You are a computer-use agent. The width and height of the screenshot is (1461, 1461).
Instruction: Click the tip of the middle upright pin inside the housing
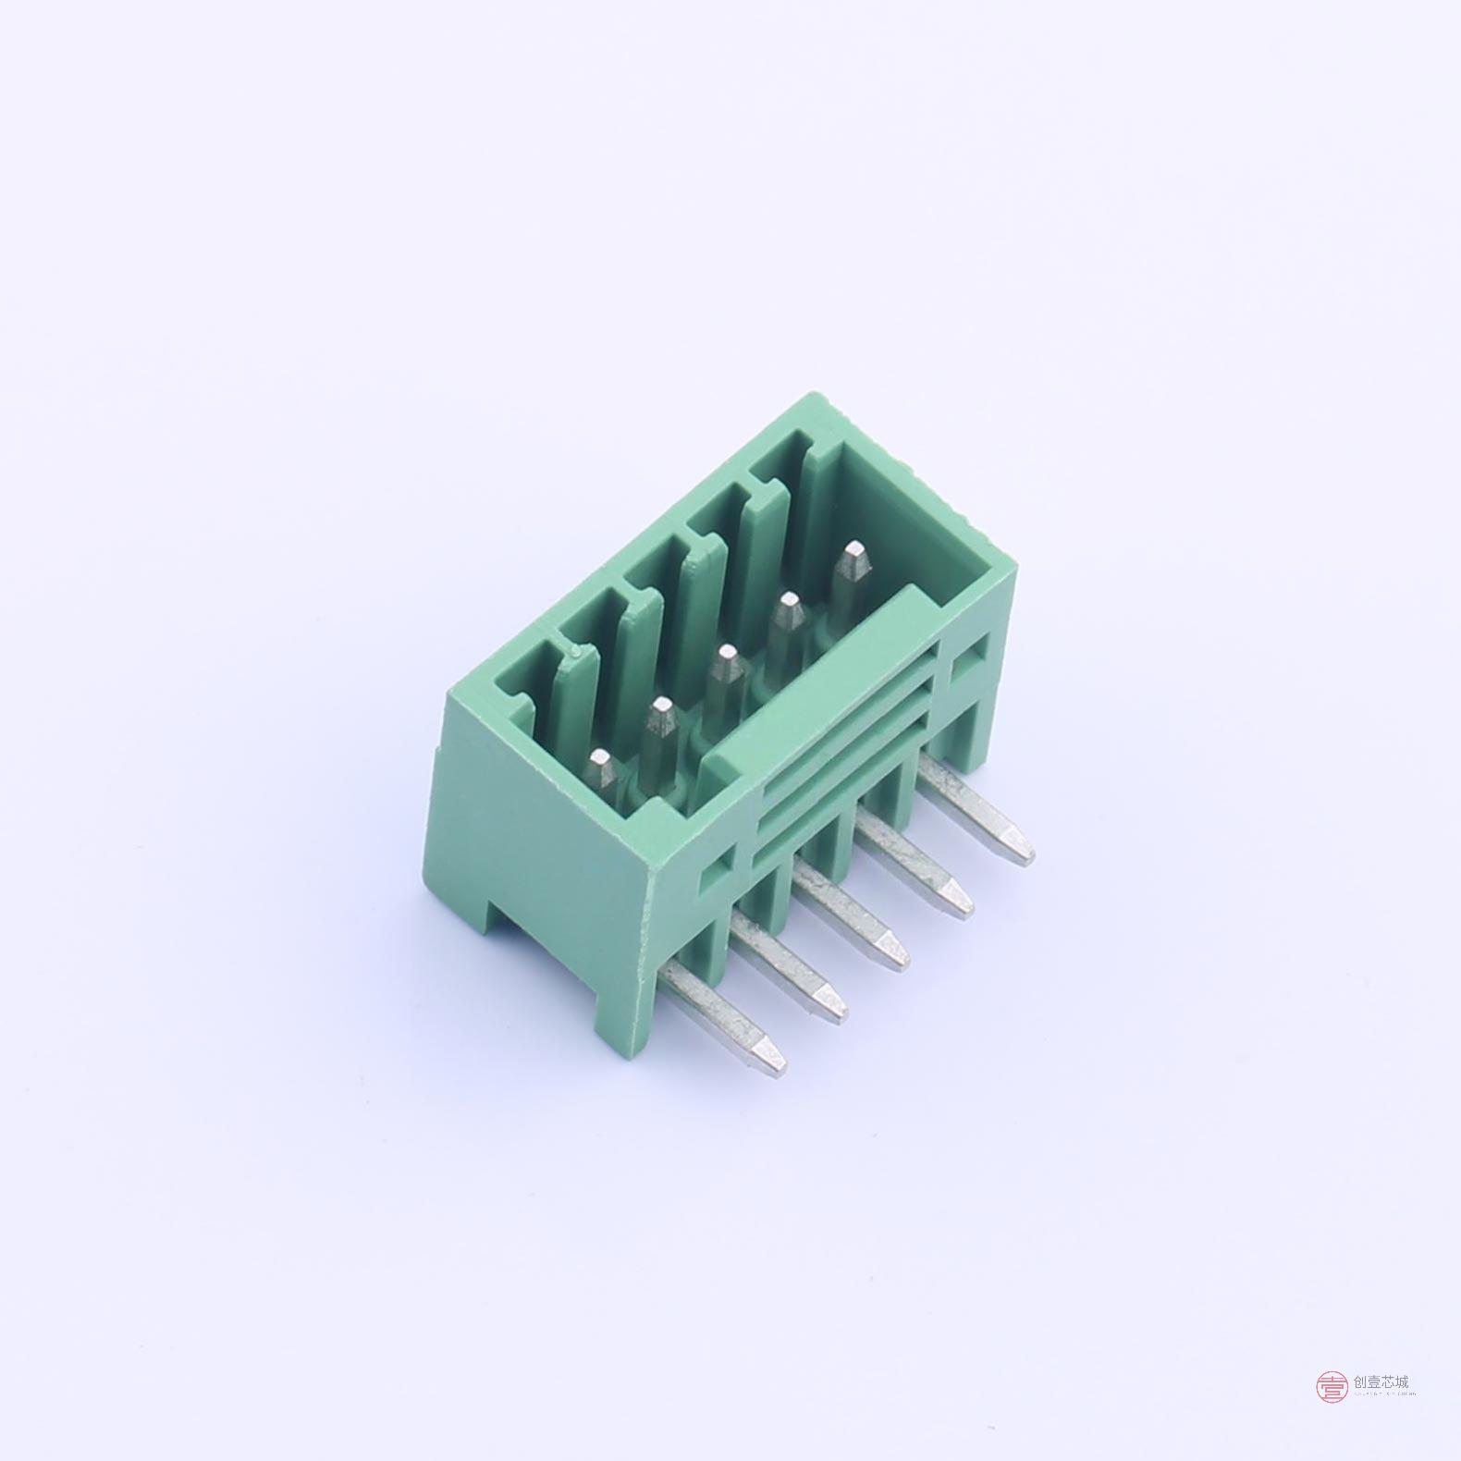(724, 662)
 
